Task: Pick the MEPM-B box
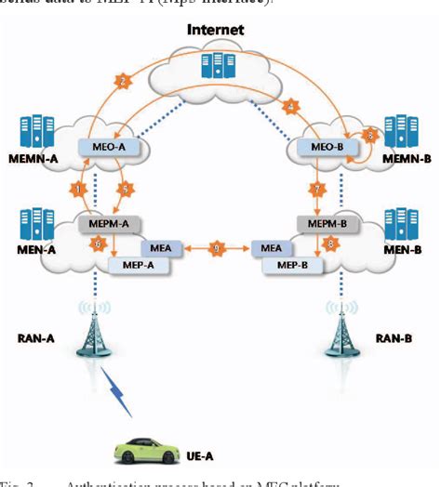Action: tap(322, 224)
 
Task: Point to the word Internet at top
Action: tap(215, 30)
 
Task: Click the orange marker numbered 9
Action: tap(217, 249)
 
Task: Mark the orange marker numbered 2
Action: tap(122, 80)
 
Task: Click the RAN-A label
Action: tap(35, 338)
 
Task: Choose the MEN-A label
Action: tap(33, 249)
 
